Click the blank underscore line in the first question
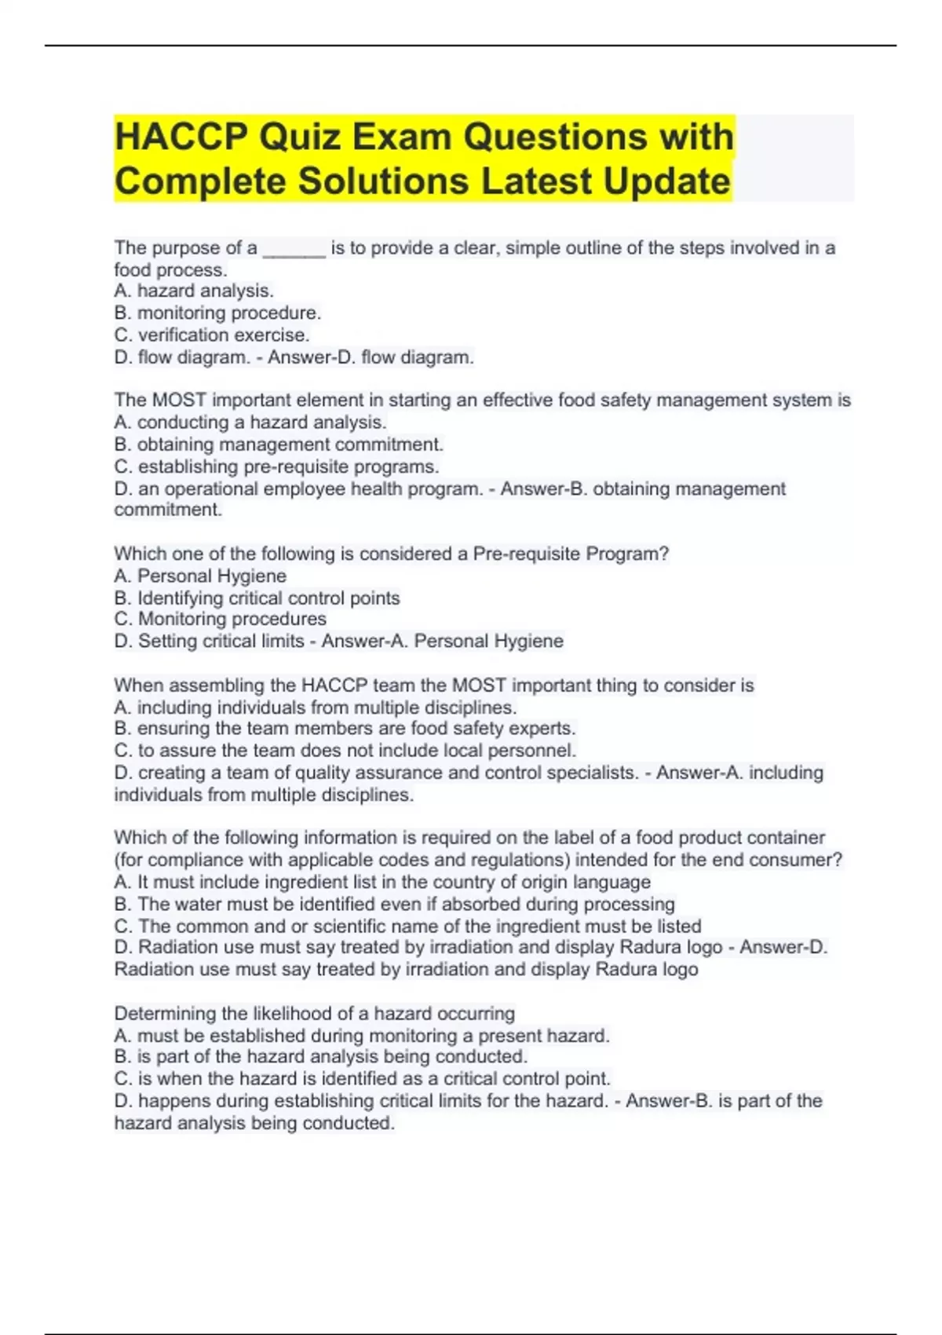(294, 249)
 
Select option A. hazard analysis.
(194, 291)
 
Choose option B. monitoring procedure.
(217, 313)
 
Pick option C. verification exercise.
(212, 335)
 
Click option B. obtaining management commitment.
(279, 444)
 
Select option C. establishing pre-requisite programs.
(276, 466)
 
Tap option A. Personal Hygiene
(200, 576)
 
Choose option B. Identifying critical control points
(257, 598)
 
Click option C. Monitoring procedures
(220, 619)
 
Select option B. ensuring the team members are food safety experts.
(345, 729)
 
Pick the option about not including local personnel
(345, 751)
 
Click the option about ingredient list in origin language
(382, 882)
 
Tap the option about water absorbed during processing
(394, 904)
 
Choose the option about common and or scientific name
(407, 926)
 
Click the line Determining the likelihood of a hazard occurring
(314, 1013)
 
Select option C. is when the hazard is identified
(362, 1079)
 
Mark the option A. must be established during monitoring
(361, 1036)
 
